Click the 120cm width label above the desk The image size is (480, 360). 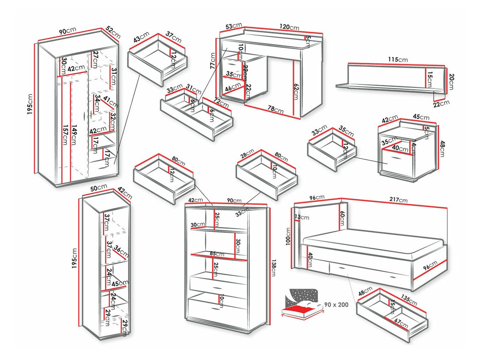(x=289, y=27)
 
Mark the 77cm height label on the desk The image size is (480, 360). (x=212, y=62)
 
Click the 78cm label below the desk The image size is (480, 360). (x=276, y=110)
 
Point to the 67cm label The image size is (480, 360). (x=401, y=322)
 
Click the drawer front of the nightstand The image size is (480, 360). (x=398, y=159)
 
